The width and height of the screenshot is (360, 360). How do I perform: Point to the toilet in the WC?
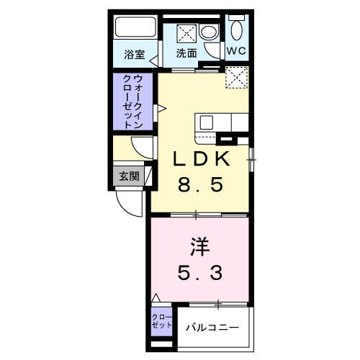[237, 29]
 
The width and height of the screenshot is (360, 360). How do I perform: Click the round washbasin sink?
[208, 32]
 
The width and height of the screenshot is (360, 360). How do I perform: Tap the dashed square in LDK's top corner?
[237, 77]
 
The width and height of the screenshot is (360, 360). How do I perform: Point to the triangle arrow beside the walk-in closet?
[162, 109]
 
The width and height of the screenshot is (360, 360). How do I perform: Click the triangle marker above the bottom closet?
[156, 297]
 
